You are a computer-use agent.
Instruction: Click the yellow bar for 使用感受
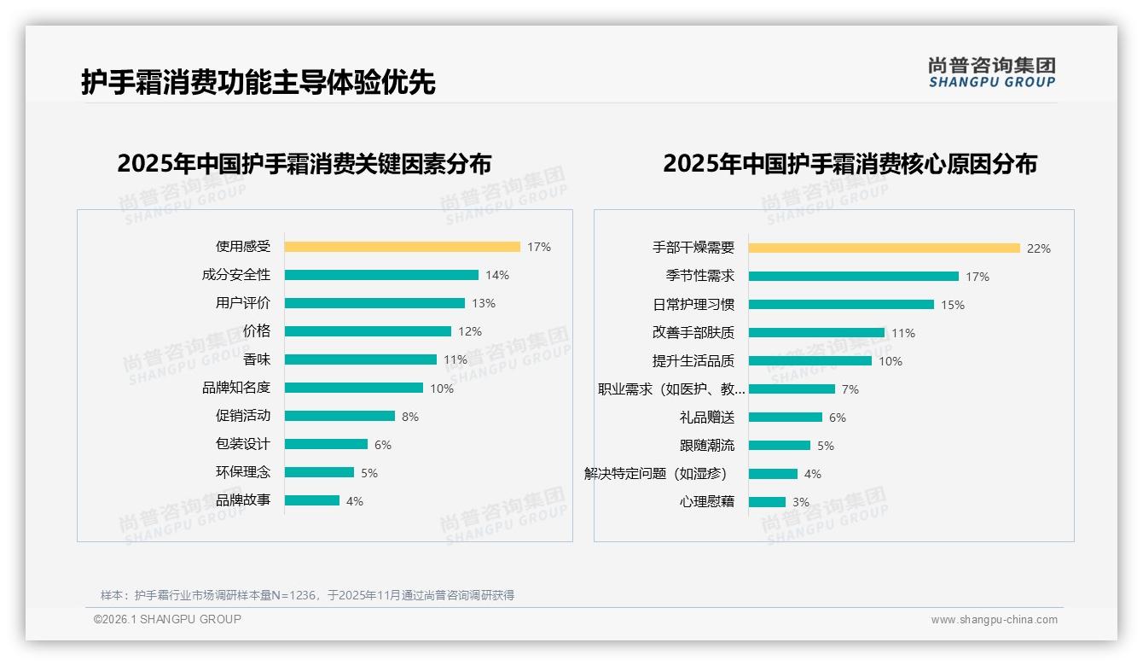[x=402, y=247]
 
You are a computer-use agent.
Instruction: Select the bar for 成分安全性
[x=381, y=275]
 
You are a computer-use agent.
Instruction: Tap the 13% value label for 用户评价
[x=484, y=303]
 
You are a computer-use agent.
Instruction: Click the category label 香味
[x=256, y=359]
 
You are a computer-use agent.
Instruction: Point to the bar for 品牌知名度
[x=353, y=388]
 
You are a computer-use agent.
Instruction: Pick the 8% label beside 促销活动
[x=410, y=417]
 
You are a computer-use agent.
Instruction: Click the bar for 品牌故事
[x=311, y=500]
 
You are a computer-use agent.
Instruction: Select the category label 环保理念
[x=242, y=472]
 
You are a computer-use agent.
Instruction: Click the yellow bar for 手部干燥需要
[x=884, y=248]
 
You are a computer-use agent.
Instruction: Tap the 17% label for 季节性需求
[x=978, y=277]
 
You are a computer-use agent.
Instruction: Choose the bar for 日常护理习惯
[x=841, y=305]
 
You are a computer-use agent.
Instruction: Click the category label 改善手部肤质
[x=693, y=333]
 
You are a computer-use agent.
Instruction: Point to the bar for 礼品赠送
[x=785, y=418]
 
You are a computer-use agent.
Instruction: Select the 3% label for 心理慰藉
[x=801, y=502]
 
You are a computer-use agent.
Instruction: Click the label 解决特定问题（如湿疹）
[x=655, y=474]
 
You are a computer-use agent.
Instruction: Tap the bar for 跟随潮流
[x=779, y=446]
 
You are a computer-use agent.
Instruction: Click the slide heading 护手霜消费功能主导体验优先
[x=258, y=82]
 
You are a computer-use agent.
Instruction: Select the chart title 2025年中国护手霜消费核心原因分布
[x=850, y=164]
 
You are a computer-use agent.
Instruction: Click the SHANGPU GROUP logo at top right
[x=991, y=73]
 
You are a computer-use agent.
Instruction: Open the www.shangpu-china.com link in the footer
[x=994, y=620]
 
